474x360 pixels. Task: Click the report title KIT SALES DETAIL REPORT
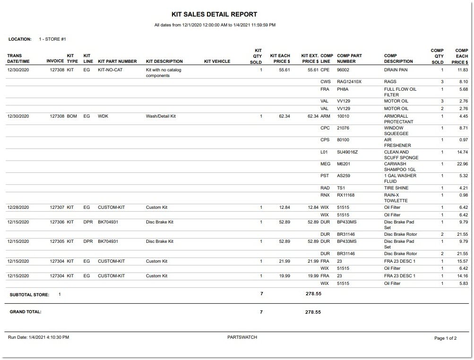pos(214,15)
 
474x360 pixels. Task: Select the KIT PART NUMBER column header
pos(117,61)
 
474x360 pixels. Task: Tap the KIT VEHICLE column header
pos(217,61)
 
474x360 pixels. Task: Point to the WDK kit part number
pos(103,116)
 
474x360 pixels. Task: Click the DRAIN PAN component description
pos(396,70)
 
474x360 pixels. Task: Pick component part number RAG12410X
pos(349,82)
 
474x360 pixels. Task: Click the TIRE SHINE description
pos(396,188)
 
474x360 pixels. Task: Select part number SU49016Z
pos(347,152)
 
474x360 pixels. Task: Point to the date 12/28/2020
pos(18,207)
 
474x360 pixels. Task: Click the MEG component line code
pos(325,164)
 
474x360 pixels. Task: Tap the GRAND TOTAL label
pos(26,312)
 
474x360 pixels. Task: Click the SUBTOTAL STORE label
pos(29,294)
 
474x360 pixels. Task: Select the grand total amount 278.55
pos(313,312)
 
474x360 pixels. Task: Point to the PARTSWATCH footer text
pos(242,337)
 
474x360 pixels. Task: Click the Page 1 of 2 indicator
pos(445,338)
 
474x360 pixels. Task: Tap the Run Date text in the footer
pos(38,337)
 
